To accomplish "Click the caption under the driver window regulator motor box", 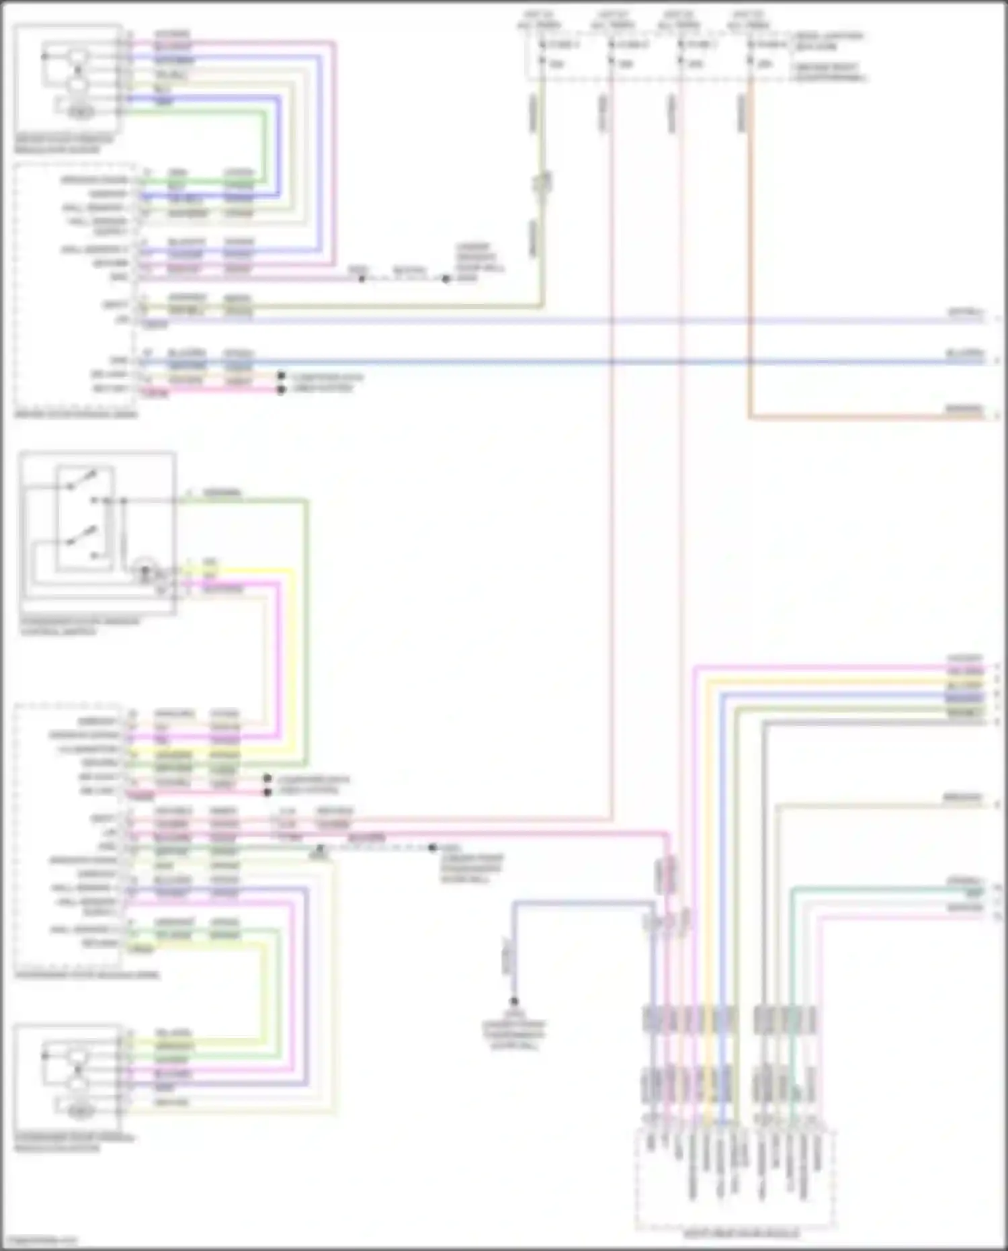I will [65, 144].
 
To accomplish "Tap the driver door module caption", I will [75, 414].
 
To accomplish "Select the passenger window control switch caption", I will [80, 627].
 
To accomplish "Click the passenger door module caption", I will [87, 975].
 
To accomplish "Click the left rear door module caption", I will [741, 1234].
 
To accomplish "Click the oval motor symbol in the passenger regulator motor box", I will [81, 1113].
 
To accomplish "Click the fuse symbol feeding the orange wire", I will [751, 54].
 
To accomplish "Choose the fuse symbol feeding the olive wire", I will [542, 54].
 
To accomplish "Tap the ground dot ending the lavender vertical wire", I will [514, 1001].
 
